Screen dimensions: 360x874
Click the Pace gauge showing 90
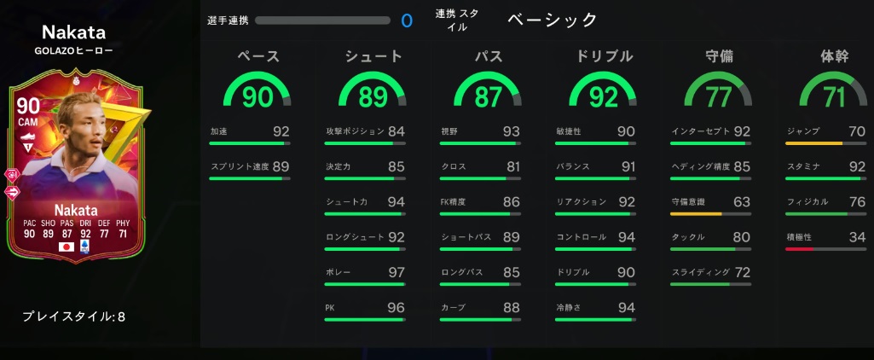[258, 96]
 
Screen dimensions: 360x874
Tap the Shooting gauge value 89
[373, 96]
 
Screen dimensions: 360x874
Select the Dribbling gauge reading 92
[603, 96]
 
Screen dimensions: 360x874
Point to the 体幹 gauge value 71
[833, 96]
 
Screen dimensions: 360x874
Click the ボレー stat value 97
[396, 272]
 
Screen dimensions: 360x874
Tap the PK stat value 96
[396, 307]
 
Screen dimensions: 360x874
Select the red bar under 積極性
[801, 249]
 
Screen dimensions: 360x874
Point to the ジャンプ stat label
[803, 131]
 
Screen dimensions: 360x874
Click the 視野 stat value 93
[512, 131]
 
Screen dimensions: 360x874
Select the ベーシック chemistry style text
[553, 20]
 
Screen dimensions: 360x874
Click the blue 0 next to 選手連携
[406, 20]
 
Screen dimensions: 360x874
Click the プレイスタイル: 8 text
[74, 316]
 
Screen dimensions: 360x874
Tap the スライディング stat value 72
[742, 272]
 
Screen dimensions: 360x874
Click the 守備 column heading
[719, 56]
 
